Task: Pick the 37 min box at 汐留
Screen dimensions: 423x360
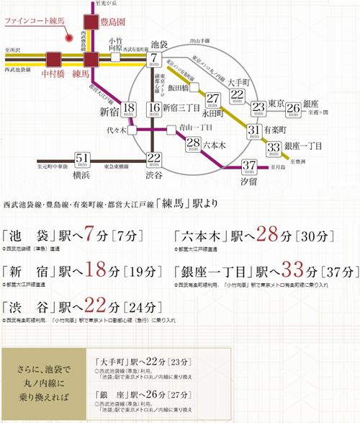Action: pyautogui.click(x=250, y=166)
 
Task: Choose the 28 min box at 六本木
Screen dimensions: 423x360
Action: pyautogui.click(x=193, y=143)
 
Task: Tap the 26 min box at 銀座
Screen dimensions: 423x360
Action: pyautogui.click(x=293, y=109)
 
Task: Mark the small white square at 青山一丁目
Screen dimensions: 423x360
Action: pyautogui.click(x=169, y=130)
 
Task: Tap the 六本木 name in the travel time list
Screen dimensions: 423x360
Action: pyautogui.click(x=202, y=238)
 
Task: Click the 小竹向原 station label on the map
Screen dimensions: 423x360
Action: pyautogui.click(x=114, y=44)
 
